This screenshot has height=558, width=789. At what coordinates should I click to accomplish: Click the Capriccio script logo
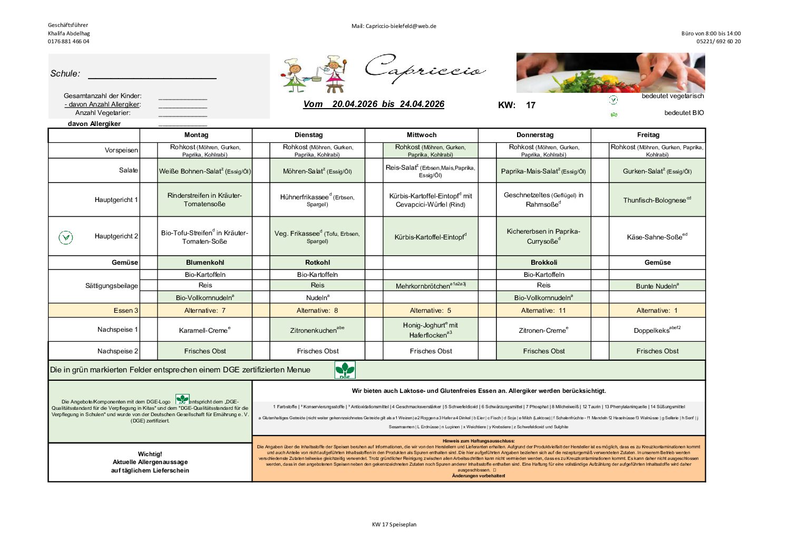pos(425,69)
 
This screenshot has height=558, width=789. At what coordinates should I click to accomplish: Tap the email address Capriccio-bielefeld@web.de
pos(394,26)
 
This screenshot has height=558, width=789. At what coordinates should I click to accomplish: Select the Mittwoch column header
pos(421,135)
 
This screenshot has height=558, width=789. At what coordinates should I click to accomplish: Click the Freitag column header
pos(648,135)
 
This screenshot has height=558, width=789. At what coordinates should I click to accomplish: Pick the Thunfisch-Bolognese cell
pos(657,200)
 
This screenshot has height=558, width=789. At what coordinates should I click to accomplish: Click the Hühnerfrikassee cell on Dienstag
pos(317,200)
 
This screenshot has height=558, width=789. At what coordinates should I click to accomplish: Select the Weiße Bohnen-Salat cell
pos(204,171)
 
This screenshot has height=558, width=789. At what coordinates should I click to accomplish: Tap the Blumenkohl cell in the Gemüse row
pos(204,263)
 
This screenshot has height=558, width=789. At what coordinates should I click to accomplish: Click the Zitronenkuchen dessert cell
pos(317,330)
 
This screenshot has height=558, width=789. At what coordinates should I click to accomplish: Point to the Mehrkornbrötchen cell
pos(431,286)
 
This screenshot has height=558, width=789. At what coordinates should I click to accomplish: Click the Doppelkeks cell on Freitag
pos(657,330)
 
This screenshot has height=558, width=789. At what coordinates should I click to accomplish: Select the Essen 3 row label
pos(126,311)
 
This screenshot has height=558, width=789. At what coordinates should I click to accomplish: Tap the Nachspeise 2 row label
pos(118,351)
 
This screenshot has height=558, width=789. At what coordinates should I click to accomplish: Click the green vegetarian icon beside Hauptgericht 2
pos(66,237)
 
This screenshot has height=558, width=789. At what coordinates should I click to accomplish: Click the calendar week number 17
pos(530,105)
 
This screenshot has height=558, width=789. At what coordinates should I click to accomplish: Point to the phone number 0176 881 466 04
pos(69,42)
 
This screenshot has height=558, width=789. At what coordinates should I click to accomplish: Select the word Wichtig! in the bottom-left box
pos(150,454)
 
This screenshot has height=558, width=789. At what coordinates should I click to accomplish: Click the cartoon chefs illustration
pos(314,75)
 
